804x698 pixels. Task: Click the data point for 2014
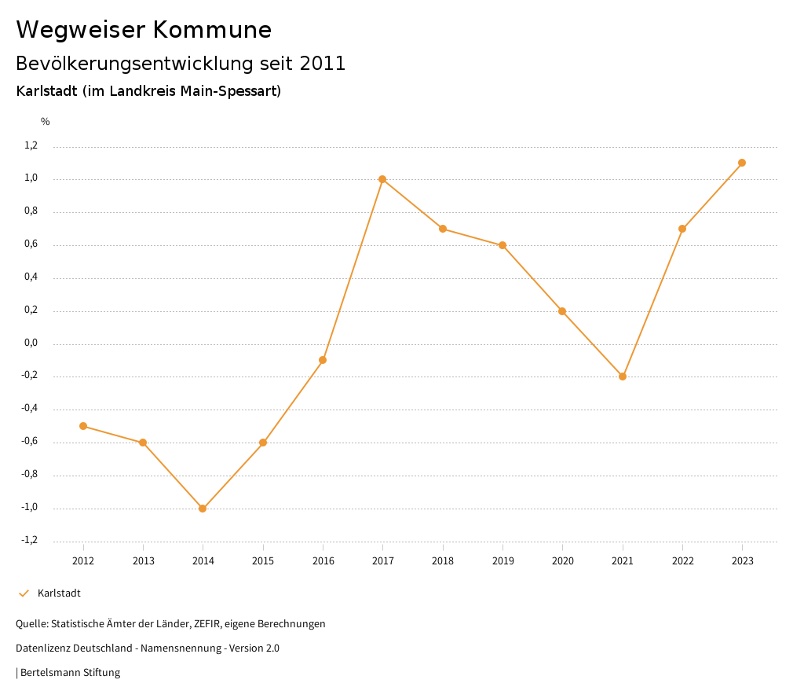click(x=203, y=509)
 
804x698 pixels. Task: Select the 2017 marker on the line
click(x=382, y=179)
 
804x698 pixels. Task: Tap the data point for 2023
click(x=742, y=163)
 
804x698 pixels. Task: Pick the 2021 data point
click(x=623, y=377)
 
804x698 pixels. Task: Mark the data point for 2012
click(x=83, y=426)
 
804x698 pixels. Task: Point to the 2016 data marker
click(x=323, y=360)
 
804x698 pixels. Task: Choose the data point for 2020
click(x=562, y=311)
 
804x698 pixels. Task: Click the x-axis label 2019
click(x=502, y=560)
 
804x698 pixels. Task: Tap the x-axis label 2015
click(x=263, y=560)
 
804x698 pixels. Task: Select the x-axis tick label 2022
click(x=682, y=560)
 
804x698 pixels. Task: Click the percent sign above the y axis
click(x=46, y=121)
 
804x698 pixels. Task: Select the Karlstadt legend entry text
click(x=59, y=593)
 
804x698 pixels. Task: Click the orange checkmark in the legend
click(x=24, y=593)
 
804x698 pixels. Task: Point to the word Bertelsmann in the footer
click(x=50, y=673)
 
